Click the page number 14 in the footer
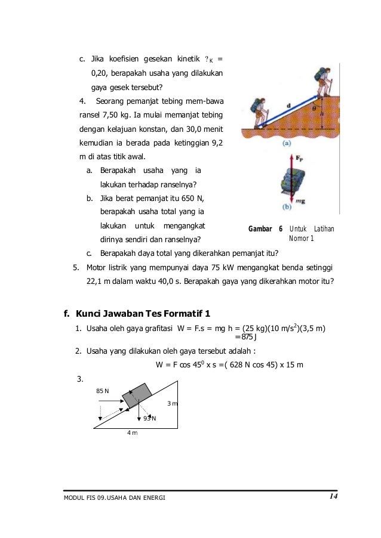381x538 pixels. coord(333,496)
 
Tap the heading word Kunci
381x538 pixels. coord(88,314)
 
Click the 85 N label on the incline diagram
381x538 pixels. coord(102,391)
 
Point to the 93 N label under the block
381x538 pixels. coord(149,418)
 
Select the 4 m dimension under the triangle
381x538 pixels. coord(132,432)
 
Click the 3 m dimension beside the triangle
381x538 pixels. coord(173,403)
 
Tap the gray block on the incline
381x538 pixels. coord(137,395)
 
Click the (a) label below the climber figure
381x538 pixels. coord(287,143)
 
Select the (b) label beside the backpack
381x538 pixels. coord(287,207)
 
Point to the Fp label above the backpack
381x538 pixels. coord(299,158)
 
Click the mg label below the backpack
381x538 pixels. coord(300,202)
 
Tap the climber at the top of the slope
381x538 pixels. coord(323,82)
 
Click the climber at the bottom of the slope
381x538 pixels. coord(260,113)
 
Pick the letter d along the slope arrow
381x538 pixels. coord(288,106)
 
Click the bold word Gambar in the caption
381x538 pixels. coord(260,229)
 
